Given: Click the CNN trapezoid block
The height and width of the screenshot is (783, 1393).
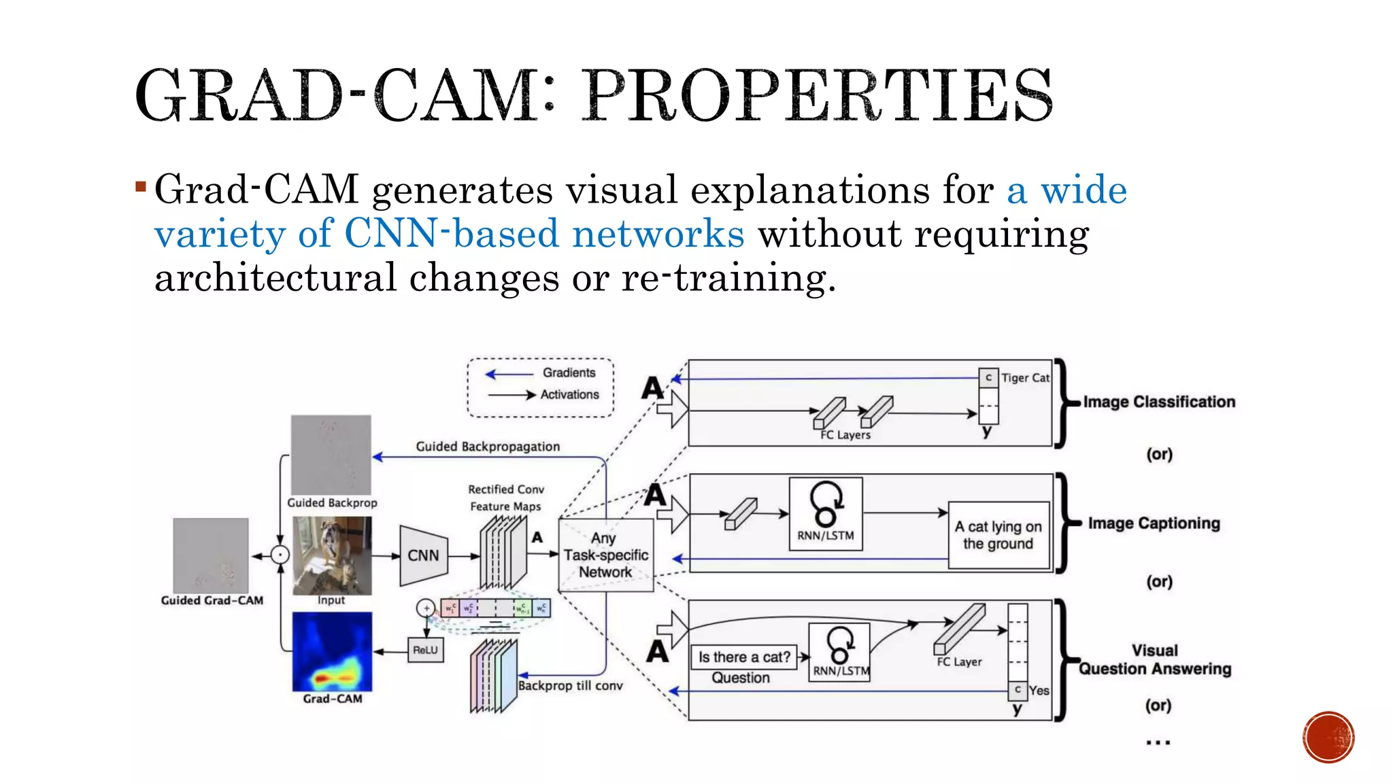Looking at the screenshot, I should [423, 555].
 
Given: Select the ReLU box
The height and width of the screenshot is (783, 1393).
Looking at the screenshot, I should [425, 650].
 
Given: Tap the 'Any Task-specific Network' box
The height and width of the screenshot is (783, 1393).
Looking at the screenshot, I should [605, 555].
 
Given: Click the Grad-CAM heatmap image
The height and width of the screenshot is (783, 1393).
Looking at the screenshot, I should [332, 651].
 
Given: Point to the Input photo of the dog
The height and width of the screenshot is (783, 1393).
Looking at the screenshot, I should [332, 555].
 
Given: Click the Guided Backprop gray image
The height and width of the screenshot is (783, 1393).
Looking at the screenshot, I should [331, 455].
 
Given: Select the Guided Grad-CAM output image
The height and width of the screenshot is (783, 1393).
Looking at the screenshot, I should [211, 555].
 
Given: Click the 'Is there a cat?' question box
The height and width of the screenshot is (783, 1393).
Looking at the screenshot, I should [743, 657].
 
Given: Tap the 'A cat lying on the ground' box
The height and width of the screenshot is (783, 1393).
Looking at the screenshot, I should [998, 535].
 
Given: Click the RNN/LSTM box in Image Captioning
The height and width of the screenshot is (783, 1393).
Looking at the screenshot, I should [825, 513].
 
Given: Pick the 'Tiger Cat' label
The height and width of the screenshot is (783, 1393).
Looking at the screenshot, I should [1025, 378].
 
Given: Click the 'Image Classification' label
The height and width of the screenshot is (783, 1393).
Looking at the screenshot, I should [1159, 402].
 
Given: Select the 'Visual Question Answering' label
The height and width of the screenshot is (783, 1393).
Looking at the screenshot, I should [1155, 660].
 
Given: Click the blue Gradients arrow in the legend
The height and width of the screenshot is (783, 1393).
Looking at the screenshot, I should [509, 374].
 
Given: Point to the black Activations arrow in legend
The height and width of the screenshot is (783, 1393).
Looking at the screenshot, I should [512, 395].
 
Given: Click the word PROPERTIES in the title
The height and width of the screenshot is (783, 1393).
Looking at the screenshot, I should [818, 96].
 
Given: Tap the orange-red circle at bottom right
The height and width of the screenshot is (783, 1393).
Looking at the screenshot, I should [1328, 737].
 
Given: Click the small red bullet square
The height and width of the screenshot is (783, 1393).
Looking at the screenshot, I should [141, 186].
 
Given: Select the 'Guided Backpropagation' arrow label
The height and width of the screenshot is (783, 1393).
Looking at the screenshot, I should [488, 447].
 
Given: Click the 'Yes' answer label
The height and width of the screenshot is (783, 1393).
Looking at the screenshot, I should [1039, 691].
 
